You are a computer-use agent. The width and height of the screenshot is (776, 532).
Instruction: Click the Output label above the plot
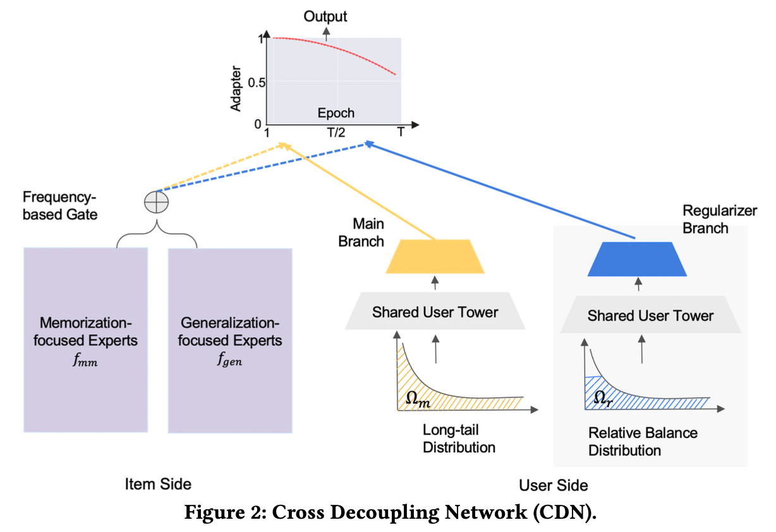[x=325, y=16]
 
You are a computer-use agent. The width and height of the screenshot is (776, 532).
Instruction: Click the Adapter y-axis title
[x=236, y=88]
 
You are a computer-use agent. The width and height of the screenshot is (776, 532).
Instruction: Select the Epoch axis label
[x=336, y=114]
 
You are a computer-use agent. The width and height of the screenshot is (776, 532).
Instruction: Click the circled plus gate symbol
[x=156, y=202]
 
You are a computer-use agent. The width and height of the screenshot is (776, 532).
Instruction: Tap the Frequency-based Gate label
[x=61, y=205]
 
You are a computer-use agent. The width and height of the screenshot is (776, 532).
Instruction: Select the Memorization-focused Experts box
[x=86, y=340]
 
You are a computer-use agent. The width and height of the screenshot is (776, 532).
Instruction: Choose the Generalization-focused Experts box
[x=230, y=340]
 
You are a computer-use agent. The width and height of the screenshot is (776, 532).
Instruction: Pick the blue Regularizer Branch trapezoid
[x=637, y=260]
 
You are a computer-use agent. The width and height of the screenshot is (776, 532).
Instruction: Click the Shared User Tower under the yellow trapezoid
[x=435, y=311]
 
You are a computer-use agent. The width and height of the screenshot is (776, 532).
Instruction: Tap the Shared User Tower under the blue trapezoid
[x=650, y=315]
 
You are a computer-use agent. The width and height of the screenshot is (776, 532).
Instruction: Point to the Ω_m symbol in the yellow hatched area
[x=417, y=398]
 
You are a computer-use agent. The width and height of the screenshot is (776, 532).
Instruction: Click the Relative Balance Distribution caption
[x=643, y=442]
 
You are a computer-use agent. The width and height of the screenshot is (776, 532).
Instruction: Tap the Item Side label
[x=158, y=484]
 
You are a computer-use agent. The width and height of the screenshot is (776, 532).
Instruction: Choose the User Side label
[x=553, y=485]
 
